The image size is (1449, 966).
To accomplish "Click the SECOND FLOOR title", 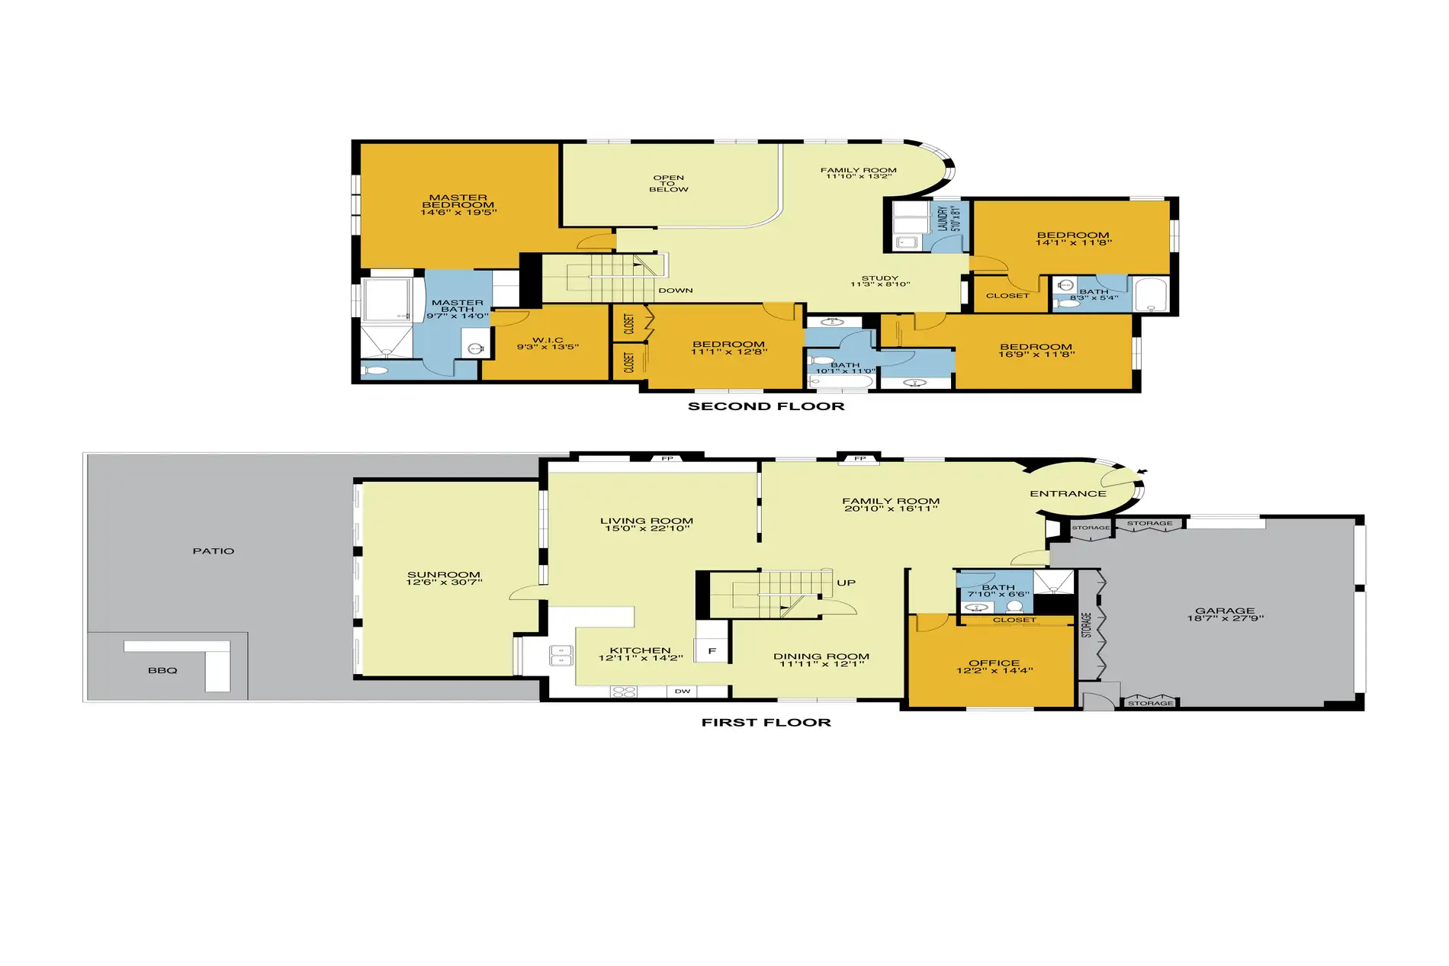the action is pos(766,406).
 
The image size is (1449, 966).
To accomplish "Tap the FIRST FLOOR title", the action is pos(766,723).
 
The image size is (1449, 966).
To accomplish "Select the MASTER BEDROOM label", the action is pos(458,201).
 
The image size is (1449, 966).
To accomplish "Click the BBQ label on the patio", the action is pos(162,671).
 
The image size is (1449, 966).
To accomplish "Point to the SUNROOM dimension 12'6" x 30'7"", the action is pos(444,582).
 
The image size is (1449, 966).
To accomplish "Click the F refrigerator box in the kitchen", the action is pos(712,651).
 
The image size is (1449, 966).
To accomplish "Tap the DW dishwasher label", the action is pos(683,692).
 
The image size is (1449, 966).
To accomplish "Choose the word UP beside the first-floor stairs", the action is pos(847,583).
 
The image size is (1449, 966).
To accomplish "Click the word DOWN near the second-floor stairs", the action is pos(676,290).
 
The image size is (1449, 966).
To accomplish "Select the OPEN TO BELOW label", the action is pos(668,184).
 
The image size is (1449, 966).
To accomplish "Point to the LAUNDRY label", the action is pos(943,219).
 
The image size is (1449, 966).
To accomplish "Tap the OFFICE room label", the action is pos(994,663).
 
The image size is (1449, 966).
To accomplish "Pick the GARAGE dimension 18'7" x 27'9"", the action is pos(1226,618).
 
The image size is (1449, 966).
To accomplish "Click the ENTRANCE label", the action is pos(1068,494).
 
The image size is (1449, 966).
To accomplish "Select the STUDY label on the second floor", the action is pos(880,278).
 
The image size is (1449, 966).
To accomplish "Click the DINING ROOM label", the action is pos(821,656).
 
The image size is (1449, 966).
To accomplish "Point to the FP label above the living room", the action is pos(667,459).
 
